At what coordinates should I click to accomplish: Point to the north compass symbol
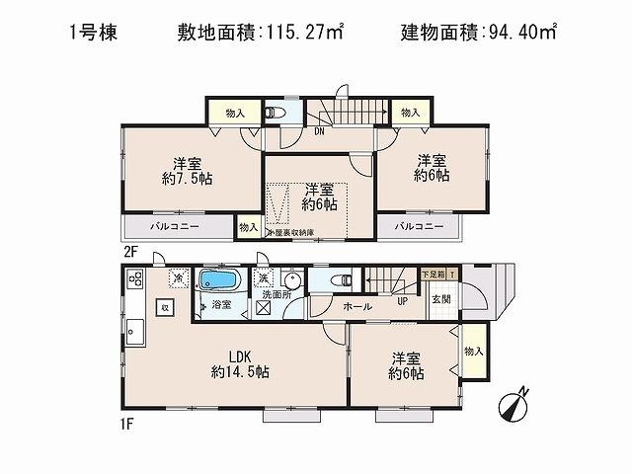click(x=517, y=405)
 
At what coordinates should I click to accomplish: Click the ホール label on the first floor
click(x=357, y=307)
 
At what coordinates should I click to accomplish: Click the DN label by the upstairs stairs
click(x=320, y=130)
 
